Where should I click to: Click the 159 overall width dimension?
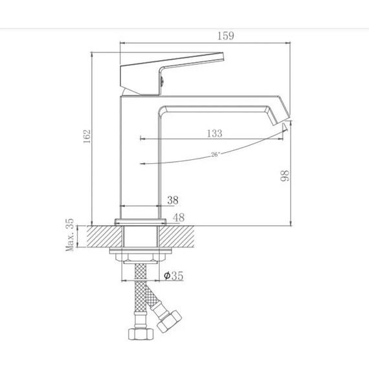point(225,36)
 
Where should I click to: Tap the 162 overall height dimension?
point(87,136)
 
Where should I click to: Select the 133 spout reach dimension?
point(214,133)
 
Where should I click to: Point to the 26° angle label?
point(215,154)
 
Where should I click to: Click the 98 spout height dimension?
point(285,175)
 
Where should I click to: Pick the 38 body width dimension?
point(173,200)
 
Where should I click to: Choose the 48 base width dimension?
point(179,218)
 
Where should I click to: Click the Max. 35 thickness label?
point(70,235)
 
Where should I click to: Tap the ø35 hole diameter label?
point(173,276)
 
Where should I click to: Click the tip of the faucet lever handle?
point(222,56)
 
